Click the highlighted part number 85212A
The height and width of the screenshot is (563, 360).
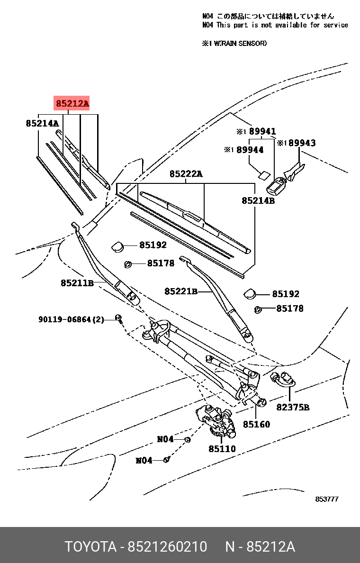click(x=72, y=103)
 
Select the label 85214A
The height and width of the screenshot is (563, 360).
click(x=42, y=124)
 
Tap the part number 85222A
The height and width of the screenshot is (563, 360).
click(x=186, y=174)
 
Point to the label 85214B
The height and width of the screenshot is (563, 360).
click(x=258, y=200)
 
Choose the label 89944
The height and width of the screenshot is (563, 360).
click(x=250, y=150)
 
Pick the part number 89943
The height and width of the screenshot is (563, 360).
click(x=302, y=143)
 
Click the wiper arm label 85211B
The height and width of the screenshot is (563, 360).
click(x=77, y=283)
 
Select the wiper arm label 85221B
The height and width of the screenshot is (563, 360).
click(x=180, y=291)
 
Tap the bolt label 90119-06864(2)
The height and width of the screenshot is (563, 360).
click(x=71, y=319)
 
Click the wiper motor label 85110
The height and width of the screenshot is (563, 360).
click(x=222, y=448)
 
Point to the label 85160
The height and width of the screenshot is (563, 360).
click(x=256, y=424)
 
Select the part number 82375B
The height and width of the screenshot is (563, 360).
click(x=293, y=407)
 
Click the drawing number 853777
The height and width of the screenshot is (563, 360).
click(x=327, y=499)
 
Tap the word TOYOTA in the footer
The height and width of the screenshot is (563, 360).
click(x=90, y=547)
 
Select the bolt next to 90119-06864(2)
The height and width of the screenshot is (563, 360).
click(x=118, y=319)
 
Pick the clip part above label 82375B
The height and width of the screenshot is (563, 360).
click(x=282, y=379)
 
